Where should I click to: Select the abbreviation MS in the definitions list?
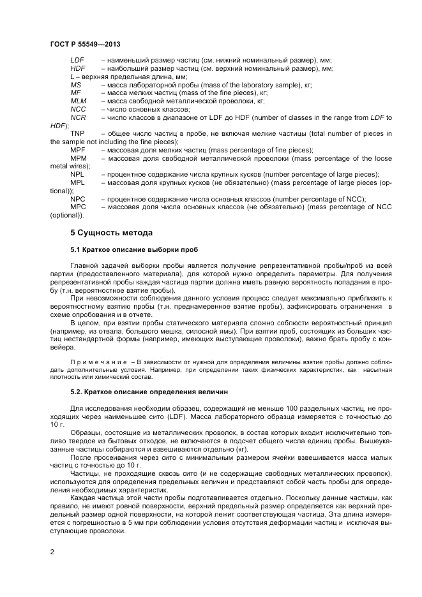75,84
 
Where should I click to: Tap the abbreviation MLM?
78,101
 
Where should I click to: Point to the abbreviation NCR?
78,117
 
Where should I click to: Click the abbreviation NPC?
78,199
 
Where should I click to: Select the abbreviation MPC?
78,207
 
